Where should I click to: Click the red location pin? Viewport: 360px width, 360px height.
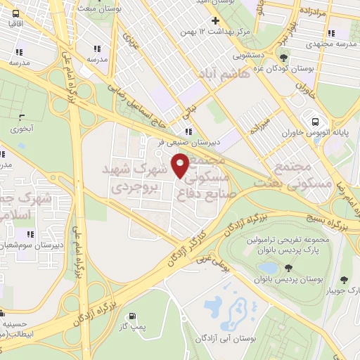point(181,166)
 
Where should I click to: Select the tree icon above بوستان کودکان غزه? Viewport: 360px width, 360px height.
point(283,58)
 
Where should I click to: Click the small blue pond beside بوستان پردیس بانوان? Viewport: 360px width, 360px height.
point(267,268)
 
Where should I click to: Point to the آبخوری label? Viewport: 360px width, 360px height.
point(21,129)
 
